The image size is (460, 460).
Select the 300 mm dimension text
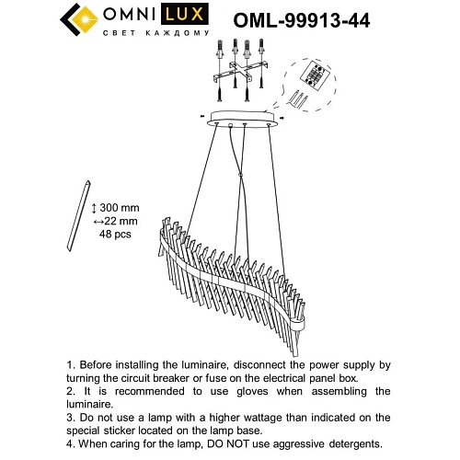115,210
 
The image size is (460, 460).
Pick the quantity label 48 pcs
115,236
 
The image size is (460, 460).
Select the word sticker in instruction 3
115,430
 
